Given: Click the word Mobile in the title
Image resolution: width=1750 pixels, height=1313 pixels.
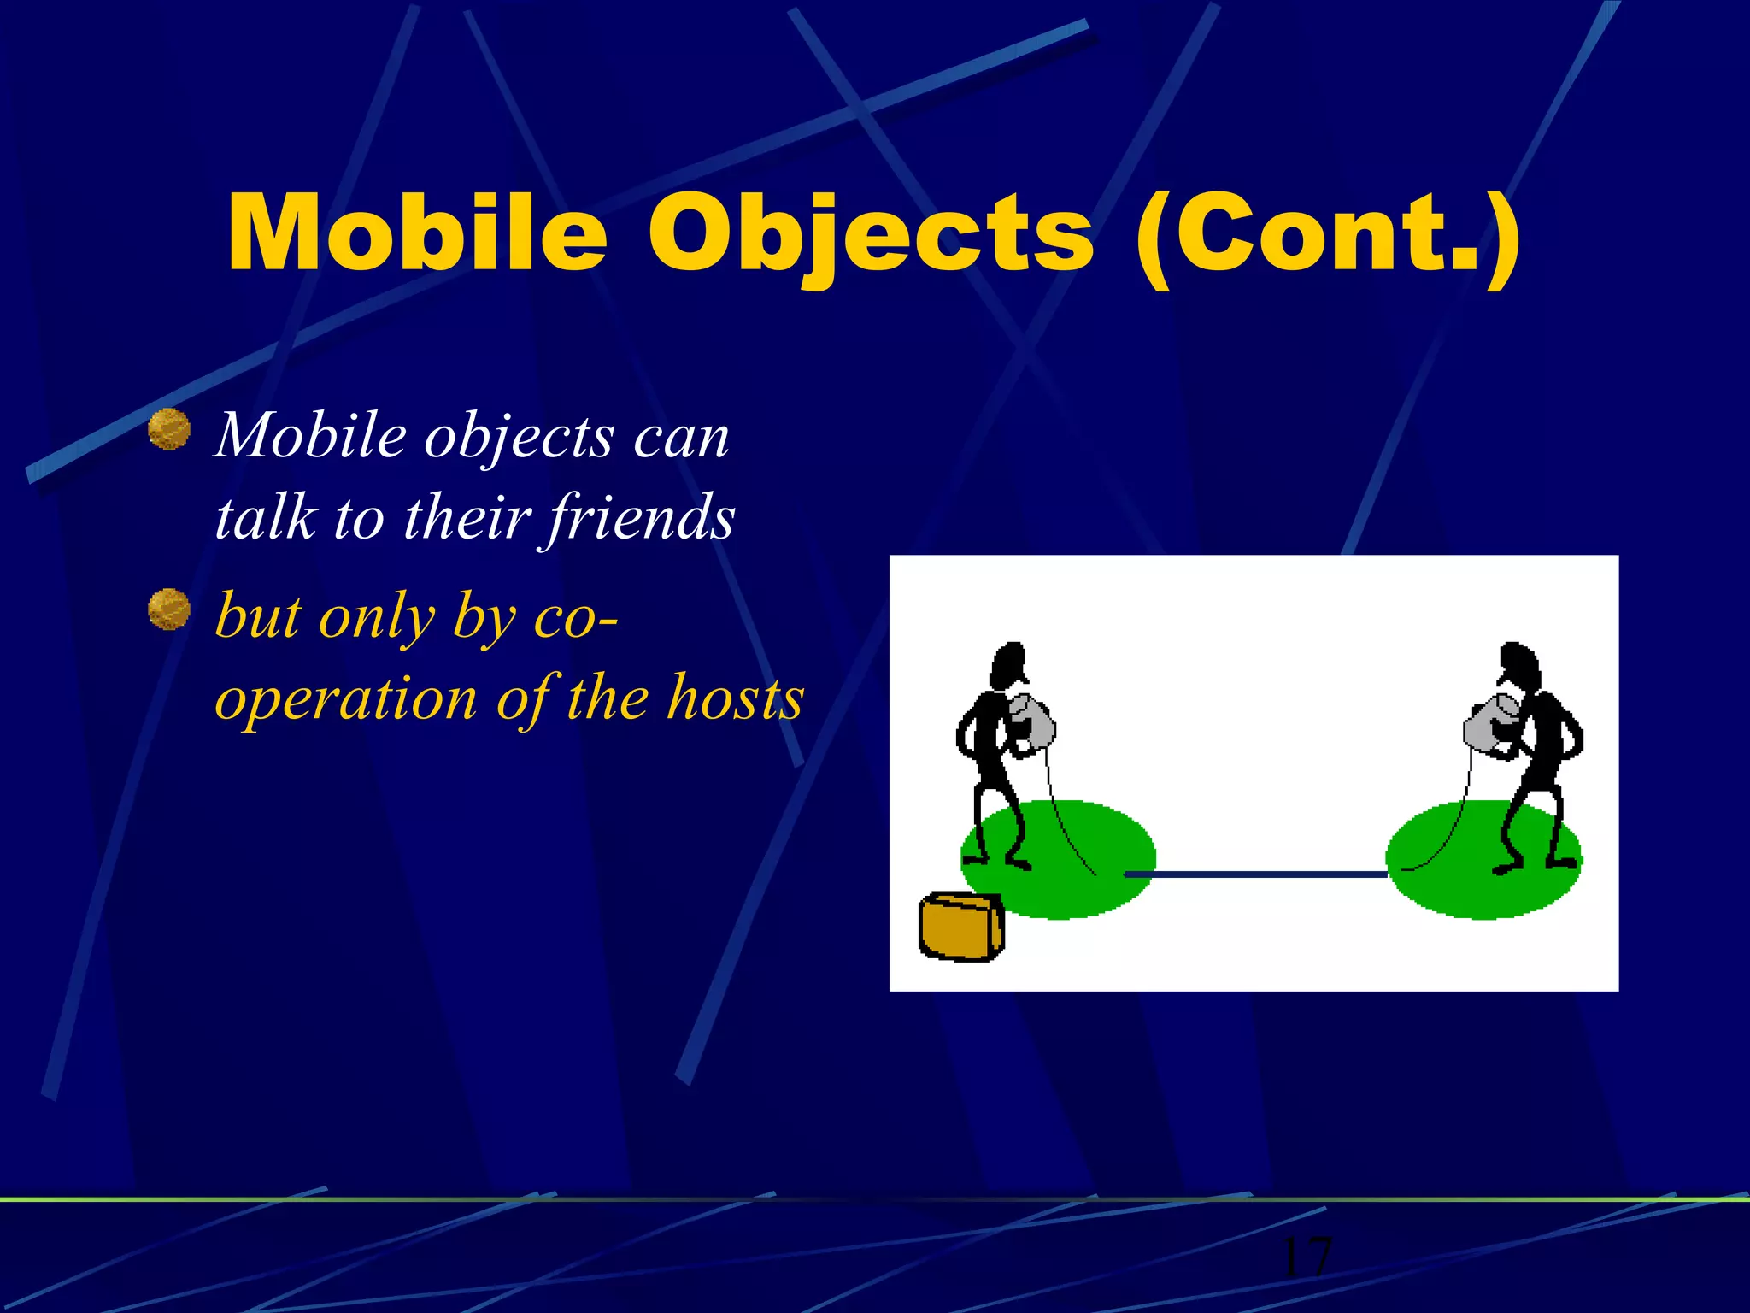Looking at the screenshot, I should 417,233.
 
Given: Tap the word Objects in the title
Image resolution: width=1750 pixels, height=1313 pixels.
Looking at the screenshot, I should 870,233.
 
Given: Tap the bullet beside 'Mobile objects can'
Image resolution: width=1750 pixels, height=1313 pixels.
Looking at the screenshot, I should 169,429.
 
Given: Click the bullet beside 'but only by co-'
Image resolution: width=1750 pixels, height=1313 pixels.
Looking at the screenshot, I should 169,609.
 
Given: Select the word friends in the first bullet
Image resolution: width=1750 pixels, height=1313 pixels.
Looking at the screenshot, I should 641,518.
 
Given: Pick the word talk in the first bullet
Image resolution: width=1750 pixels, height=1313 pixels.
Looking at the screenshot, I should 265,518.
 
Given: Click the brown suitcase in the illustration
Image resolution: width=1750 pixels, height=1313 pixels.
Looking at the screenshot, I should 960,927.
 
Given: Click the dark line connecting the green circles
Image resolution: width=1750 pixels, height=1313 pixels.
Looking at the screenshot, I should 1256,874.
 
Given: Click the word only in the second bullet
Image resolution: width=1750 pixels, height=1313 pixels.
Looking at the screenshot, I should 376,617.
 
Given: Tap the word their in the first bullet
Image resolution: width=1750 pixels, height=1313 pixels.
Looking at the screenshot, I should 467,518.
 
